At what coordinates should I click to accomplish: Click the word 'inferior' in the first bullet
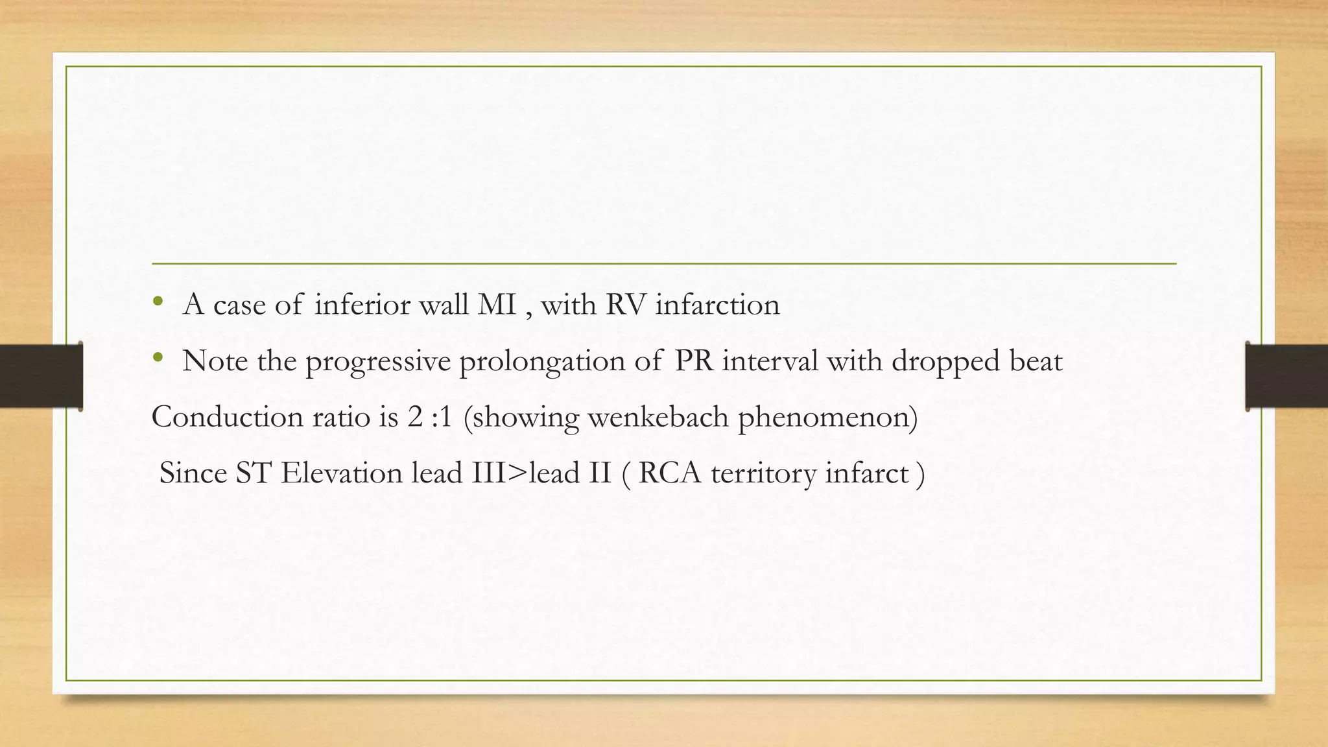[x=362, y=305]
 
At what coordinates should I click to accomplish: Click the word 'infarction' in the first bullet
[x=717, y=305]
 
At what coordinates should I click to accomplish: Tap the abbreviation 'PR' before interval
[x=694, y=361]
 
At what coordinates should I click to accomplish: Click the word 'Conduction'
[x=227, y=417]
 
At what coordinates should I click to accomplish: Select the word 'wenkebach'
[x=658, y=417]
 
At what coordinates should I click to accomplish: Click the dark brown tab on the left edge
[x=41, y=376]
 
